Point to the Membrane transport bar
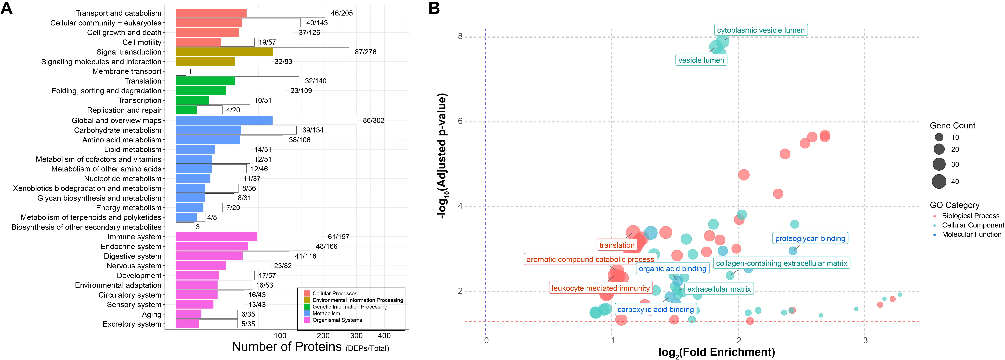click(181, 71)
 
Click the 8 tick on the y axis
click(460, 37)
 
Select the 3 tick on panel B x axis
click(865, 340)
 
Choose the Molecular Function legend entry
click(971, 234)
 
